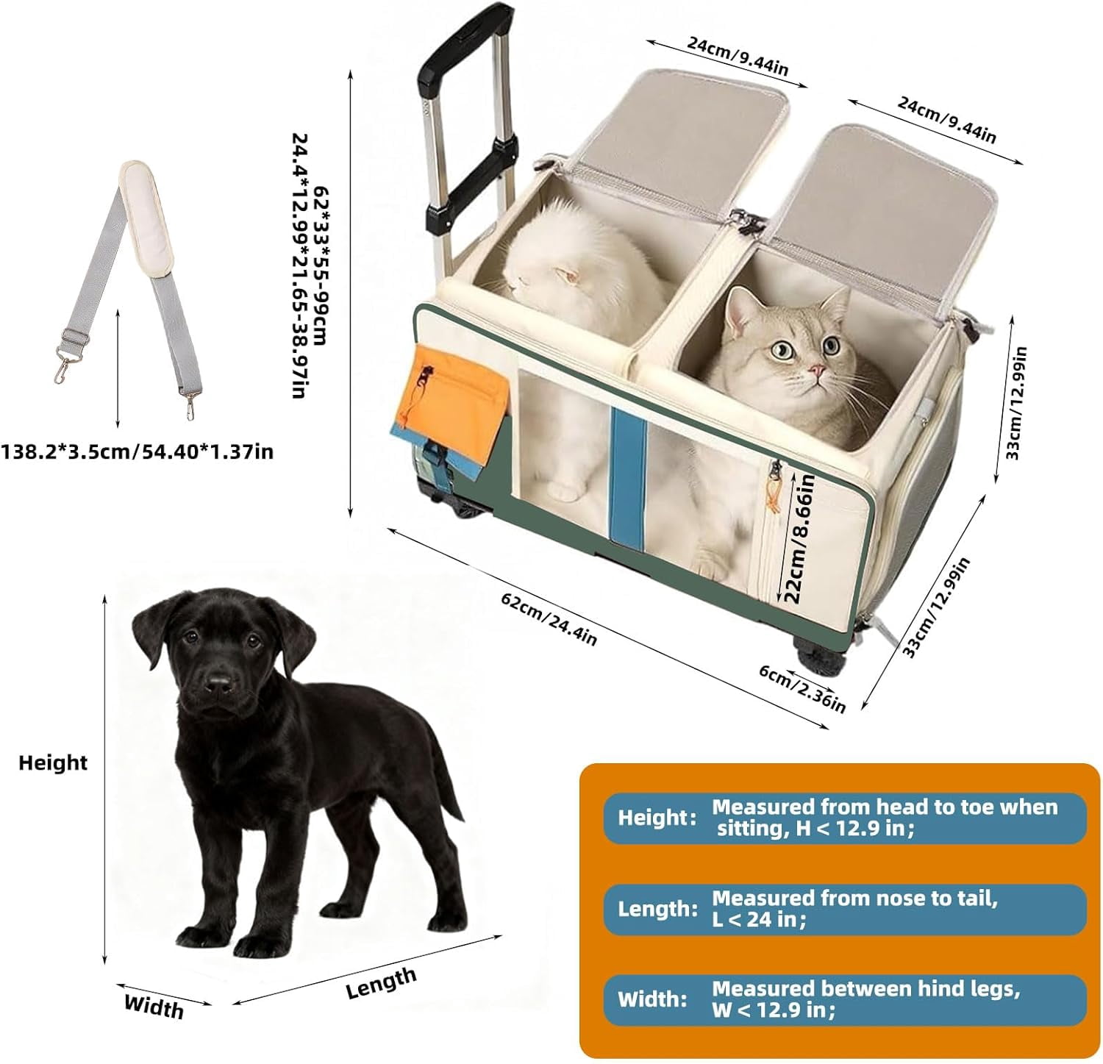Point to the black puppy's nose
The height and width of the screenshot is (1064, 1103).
tap(218, 685)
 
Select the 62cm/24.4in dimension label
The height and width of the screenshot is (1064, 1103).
tap(549, 618)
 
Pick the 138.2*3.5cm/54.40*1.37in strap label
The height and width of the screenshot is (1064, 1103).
tap(137, 451)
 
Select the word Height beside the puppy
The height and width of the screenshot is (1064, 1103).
tap(53, 763)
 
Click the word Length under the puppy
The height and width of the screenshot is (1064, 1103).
tap(381, 983)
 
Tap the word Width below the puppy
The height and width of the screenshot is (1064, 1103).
tap(154, 1006)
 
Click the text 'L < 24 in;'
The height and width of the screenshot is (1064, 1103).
tap(759, 919)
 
